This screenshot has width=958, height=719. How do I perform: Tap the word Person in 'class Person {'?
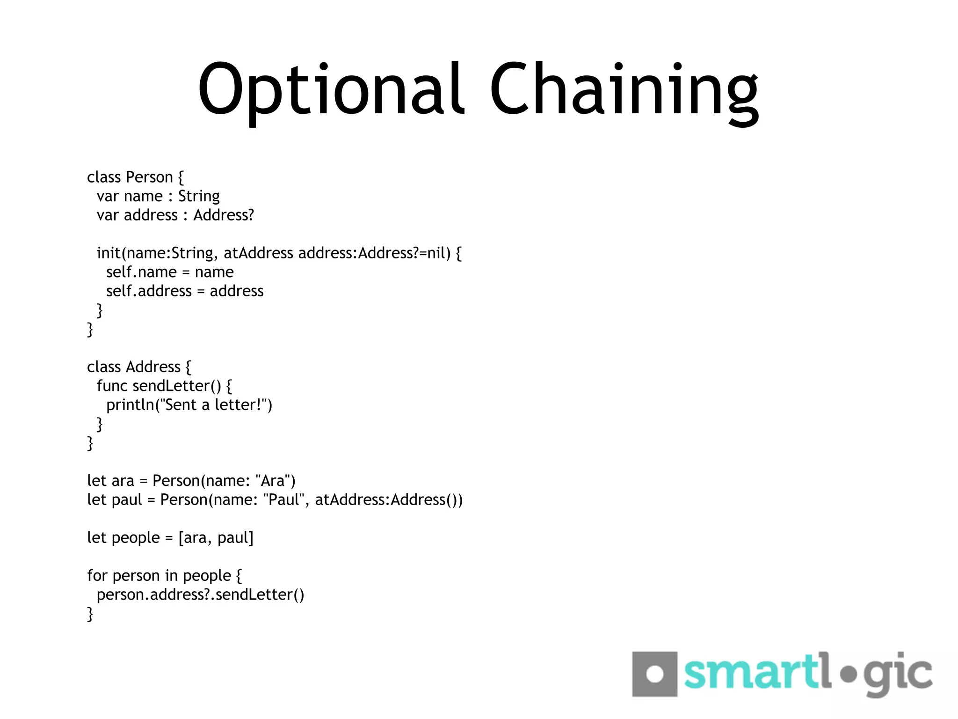coord(150,177)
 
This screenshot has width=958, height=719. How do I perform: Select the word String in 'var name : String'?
coord(199,197)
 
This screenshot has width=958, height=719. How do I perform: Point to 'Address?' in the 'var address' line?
coord(224,215)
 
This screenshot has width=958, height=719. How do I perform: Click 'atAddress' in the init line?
coord(258,253)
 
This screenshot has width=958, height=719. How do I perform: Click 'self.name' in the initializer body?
coord(141,272)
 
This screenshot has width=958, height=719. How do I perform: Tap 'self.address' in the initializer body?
coord(149,291)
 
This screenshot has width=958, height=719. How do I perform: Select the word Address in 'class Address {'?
coord(153,367)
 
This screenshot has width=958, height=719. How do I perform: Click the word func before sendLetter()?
coord(112,386)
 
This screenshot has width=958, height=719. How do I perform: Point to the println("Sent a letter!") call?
coord(189,405)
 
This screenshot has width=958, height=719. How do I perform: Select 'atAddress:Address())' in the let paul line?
coord(389,500)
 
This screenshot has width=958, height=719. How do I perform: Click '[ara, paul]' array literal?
coord(216,538)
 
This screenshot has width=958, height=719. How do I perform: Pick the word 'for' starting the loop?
coord(97,576)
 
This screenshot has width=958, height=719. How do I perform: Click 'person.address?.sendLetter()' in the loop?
coord(200,595)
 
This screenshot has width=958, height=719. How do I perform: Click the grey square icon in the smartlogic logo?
coord(654,674)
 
